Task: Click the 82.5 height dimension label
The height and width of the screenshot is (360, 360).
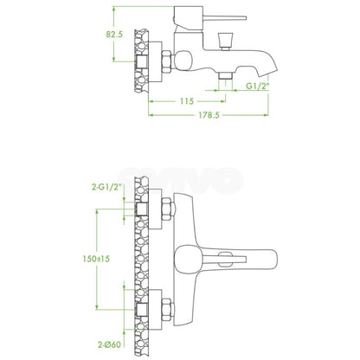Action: click(x=114, y=35)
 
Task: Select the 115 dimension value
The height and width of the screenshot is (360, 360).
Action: click(x=187, y=101)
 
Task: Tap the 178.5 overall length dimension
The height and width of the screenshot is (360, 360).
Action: click(x=209, y=115)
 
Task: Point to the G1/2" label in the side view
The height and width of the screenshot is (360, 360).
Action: click(x=258, y=86)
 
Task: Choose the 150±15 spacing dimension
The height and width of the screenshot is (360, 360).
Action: click(x=96, y=259)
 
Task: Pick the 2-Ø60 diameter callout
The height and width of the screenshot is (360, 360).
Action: click(x=109, y=344)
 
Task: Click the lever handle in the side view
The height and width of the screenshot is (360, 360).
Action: click(x=225, y=18)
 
